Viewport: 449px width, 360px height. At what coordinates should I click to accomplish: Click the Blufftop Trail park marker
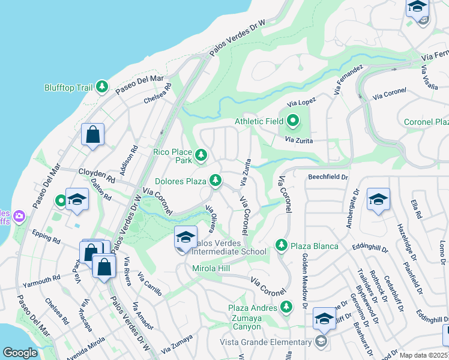pos(103,88)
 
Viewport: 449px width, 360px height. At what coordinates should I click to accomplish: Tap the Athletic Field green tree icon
pos(292,121)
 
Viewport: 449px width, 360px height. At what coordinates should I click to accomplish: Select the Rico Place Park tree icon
pos(201,156)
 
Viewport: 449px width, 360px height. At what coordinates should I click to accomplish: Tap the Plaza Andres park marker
pos(286,308)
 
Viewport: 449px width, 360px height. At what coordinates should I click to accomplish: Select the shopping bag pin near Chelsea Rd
pos(93,134)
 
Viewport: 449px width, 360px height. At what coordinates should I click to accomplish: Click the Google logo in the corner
pos(20,353)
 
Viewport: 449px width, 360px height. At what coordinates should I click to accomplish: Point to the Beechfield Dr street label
pos(328,177)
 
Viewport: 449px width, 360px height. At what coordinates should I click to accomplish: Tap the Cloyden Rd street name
pos(95,176)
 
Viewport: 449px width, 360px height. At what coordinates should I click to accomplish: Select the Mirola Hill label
pos(211,269)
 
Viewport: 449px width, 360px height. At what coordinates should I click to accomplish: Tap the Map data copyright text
pos(423,355)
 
